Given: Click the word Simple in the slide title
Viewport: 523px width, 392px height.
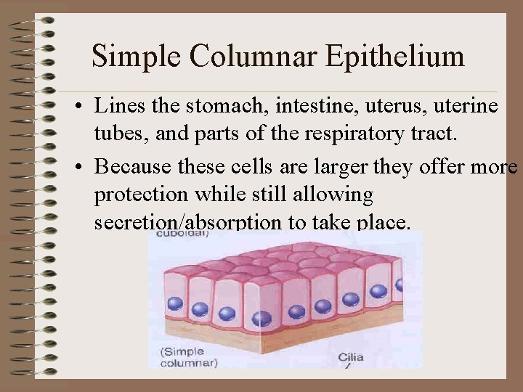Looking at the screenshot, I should pos(136,56).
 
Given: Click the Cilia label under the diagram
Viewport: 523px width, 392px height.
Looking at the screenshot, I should pos(353,358).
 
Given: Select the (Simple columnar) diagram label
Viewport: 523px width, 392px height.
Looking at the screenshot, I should pos(187,356).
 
